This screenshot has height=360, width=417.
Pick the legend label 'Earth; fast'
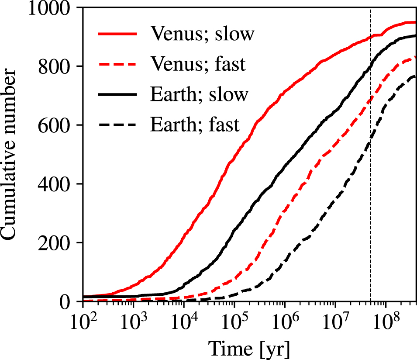coord(195,125)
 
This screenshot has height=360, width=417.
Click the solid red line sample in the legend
coord(117,34)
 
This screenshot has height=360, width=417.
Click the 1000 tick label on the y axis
coord(49,8)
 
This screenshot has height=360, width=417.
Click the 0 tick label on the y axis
coord(68,301)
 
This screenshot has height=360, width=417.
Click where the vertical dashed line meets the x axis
coord(370,301)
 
